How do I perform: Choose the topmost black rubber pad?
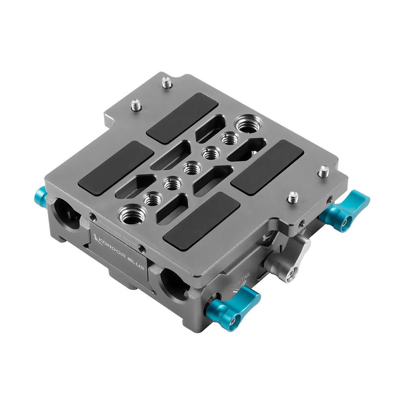[183, 114]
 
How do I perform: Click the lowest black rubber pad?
[201, 221]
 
